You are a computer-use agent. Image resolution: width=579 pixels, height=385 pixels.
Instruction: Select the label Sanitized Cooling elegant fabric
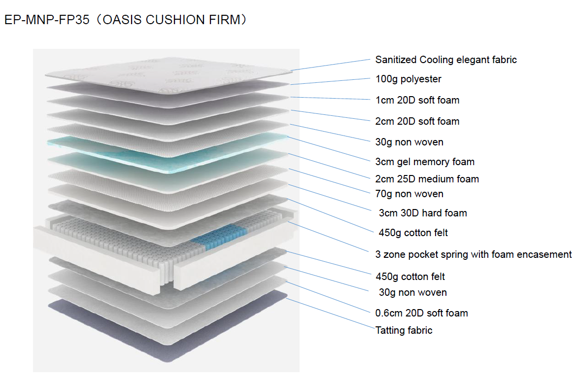tap(445, 60)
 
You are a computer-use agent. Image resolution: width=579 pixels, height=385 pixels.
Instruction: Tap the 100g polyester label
tap(408, 79)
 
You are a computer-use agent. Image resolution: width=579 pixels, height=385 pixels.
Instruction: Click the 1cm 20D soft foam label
tap(417, 100)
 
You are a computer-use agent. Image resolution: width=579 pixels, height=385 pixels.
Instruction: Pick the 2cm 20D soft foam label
tap(417, 121)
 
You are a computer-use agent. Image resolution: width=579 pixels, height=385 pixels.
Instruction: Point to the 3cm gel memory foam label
tap(425, 162)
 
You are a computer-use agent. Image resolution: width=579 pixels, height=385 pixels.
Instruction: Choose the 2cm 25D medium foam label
tap(427, 179)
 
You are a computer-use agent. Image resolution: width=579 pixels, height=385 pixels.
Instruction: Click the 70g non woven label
tap(409, 194)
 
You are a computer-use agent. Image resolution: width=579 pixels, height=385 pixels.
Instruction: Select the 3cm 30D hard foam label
tap(422, 213)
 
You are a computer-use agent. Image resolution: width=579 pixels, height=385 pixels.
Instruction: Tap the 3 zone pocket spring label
tap(473, 254)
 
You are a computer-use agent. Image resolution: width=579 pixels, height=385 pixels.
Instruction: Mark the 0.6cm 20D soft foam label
tap(421, 313)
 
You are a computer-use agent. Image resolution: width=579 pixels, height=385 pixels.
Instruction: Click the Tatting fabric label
tap(404, 330)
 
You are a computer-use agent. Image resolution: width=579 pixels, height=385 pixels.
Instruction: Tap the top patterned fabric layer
tap(168, 74)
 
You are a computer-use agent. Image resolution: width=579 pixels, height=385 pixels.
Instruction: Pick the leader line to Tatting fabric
tap(330, 314)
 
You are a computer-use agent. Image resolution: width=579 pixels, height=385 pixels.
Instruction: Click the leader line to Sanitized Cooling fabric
tap(330, 65)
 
